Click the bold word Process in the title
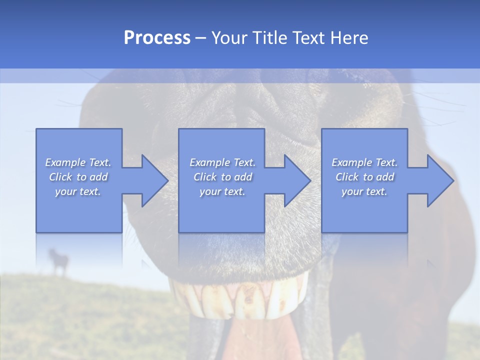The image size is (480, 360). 157,38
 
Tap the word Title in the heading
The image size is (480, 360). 270,38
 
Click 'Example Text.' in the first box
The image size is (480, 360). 78,162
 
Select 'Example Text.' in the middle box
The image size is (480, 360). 222,162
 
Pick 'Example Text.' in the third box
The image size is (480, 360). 364,162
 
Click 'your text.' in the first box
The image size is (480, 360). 78,191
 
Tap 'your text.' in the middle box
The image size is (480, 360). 222,191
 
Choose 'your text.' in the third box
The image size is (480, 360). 364,191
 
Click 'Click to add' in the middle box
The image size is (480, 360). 222,177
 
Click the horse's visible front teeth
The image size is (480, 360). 240,300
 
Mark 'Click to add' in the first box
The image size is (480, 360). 78,177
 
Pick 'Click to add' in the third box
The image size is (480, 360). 365,177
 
